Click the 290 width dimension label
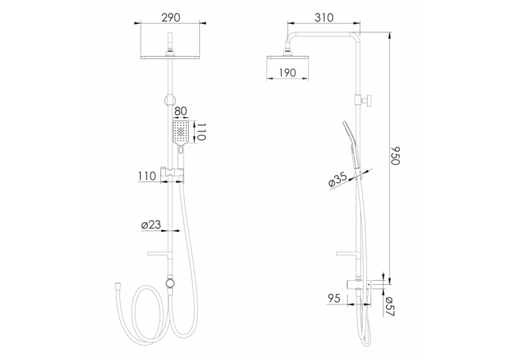171,17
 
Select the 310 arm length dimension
324,17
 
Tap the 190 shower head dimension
287,73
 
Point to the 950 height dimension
395,156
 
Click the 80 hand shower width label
180,111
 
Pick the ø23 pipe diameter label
151,225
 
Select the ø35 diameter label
337,180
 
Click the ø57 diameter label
389,306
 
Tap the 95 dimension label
334,298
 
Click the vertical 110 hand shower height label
201,131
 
